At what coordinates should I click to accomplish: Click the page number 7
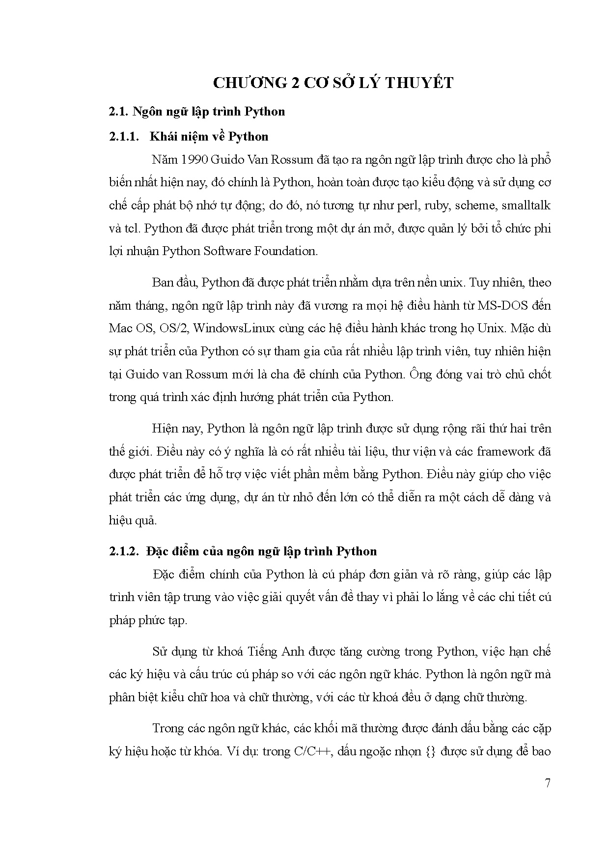tap(548, 783)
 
